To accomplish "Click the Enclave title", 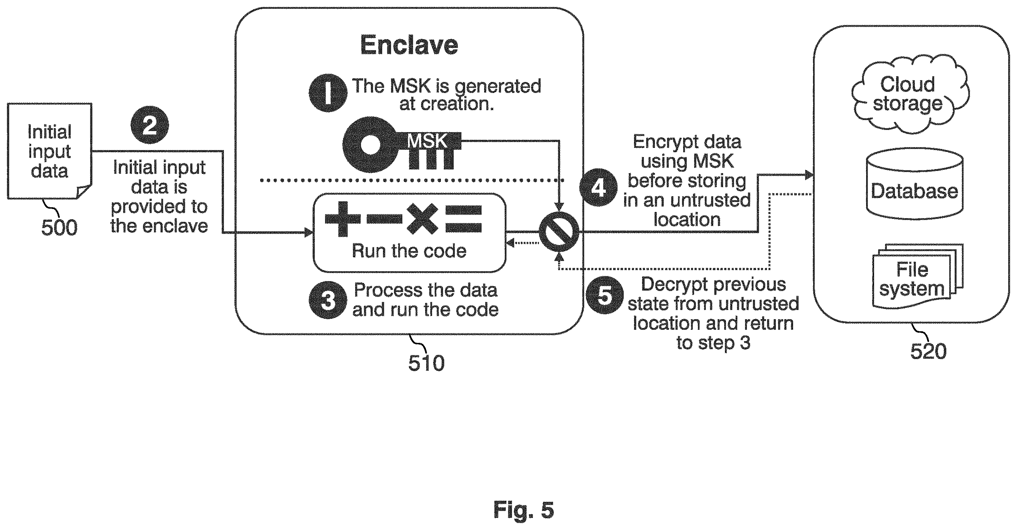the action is click(x=409, y=45).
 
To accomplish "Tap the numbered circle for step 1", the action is click(x=328, y=93).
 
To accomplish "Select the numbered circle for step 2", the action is click(x=150, y=125).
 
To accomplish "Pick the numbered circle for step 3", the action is click(x=328, y=300).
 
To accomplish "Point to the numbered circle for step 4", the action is click(x=598, y=188).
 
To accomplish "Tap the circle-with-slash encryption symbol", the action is click(x=559, y=231).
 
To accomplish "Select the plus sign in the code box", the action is click(x=343, y=219).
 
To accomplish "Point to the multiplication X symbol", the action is click(x=423, y=219).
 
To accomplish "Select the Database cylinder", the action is click(x=915, y=183).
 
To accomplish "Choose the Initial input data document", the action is click(x=50, y=151).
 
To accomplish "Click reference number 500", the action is click(x=59, y=228).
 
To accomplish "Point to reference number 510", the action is click(x=426, y=363).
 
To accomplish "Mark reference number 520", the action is click(x=929, y=351).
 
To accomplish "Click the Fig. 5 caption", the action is click(x=524, y=510).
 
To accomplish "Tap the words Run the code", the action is click(x=409, y=251).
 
